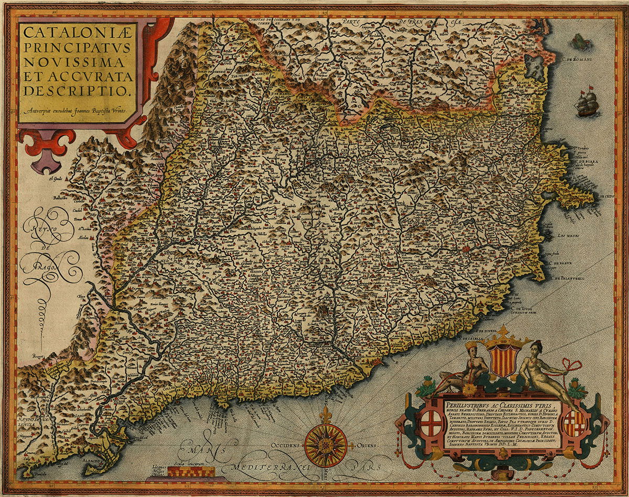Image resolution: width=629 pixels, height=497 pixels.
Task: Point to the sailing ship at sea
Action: (x=587, y=103)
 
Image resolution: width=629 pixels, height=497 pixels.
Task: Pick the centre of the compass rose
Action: (x=325, y=444)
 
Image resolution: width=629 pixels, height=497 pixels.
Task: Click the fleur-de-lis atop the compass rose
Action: (x=325, y=415)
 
